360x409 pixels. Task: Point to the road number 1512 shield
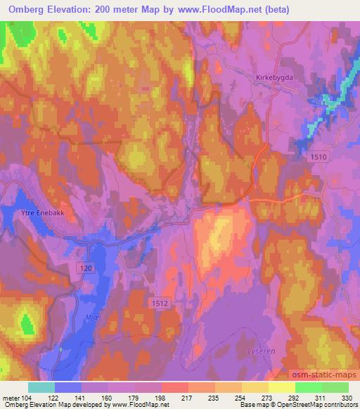[159, 303]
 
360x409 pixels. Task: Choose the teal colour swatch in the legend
[41, 387]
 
